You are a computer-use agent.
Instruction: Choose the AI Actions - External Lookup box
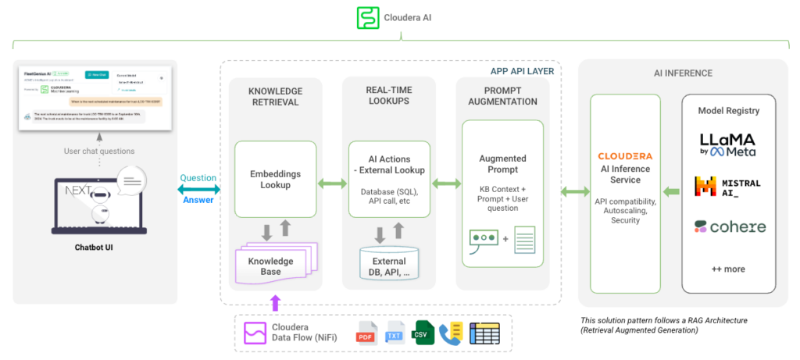pyautogui.click(x=389, y=179)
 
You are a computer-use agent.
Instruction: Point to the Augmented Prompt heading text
pyautogui.click(x=502, y=164)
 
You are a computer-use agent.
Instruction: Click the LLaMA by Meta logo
pyautogui.click(x=728, y=145)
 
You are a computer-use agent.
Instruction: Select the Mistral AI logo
pyautogui.click(x=727, y=187)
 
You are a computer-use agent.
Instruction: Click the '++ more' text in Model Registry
pyautogui.click(x=728, y=269)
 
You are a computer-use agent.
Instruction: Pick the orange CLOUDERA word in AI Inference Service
pyautogui.click(x=624, y=156)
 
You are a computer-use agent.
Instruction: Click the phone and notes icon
pyautogui.click(x=452, y=333)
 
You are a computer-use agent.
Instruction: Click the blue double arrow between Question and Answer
pyautogui.click(x=198, y=188)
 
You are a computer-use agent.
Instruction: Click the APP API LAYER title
pyautogui.click(x=522, y=71)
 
